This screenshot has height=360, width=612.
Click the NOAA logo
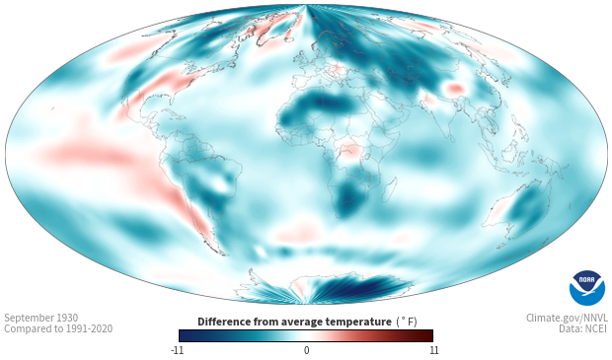[587, 288]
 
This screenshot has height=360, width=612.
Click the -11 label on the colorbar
[177, 350]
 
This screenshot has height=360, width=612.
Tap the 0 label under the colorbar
[306, 350]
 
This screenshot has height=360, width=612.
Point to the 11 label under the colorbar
[433, 350]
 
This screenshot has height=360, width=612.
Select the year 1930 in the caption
[67, 318]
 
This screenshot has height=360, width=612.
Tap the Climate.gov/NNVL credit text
[567, 319]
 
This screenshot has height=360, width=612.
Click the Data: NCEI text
[583, 328]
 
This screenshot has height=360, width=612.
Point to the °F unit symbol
[407, 323]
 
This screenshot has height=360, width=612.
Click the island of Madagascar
[389, 190]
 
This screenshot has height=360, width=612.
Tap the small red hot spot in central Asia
[455, 90]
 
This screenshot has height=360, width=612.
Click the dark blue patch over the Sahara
[324, 103]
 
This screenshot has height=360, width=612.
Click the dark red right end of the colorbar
[426, 335]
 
